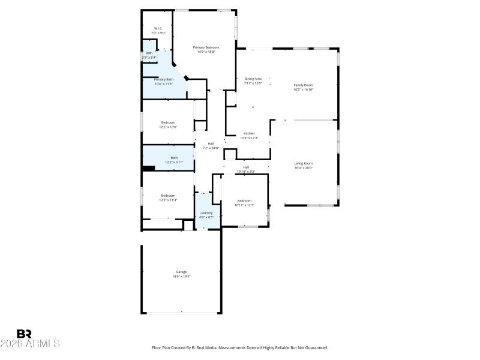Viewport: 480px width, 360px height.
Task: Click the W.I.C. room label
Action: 158,28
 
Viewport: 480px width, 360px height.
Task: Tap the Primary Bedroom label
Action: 206,47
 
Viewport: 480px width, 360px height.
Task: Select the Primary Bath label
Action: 163,79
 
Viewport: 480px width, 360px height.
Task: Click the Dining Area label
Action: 253,79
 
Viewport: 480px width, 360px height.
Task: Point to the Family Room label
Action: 303,85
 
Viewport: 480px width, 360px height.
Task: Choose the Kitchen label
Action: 249,133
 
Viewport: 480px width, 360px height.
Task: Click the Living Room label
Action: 303,163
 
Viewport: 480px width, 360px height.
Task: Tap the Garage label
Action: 181,272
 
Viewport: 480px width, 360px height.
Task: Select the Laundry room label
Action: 207,212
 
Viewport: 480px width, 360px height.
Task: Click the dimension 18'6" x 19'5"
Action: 181,277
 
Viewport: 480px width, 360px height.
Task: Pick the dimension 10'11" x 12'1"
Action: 245,205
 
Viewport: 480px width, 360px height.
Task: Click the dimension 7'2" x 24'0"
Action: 211,148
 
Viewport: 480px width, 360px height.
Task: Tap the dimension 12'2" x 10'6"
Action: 168,127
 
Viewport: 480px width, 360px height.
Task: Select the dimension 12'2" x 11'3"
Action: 168,200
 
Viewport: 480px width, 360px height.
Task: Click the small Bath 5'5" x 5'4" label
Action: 149,55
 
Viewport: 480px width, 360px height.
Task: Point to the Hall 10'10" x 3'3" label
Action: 246,169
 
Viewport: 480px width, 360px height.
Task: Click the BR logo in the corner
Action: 24,334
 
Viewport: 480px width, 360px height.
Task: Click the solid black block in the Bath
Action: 149,169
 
